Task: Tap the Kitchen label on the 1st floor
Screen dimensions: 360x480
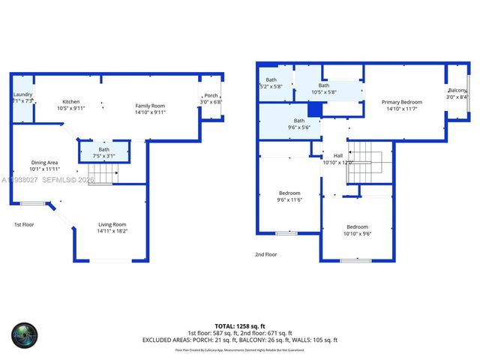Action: pyautogui.click(x=71, y=102)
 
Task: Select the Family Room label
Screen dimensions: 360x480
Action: pyautogui.click(x=150, y=106)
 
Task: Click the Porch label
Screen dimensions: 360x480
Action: pyautogui.click(x=211, y=95)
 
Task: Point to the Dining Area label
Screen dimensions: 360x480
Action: pyautogui.click(x=44, y=163)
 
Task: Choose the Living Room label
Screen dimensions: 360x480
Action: pyautogui.click(x=112, y=224)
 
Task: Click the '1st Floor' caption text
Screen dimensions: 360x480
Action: pyautogui.click(x=24, y=224)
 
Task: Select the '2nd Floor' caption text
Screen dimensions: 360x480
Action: pyautogui.click(x=265, y=254)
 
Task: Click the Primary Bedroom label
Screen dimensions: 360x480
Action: pyautogui.click(x=401, y=102)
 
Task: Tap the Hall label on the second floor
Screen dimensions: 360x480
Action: pyautogui.click(x=337, y=156)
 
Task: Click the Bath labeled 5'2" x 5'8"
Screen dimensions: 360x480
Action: pyautogui.click(x=271, y=83)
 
